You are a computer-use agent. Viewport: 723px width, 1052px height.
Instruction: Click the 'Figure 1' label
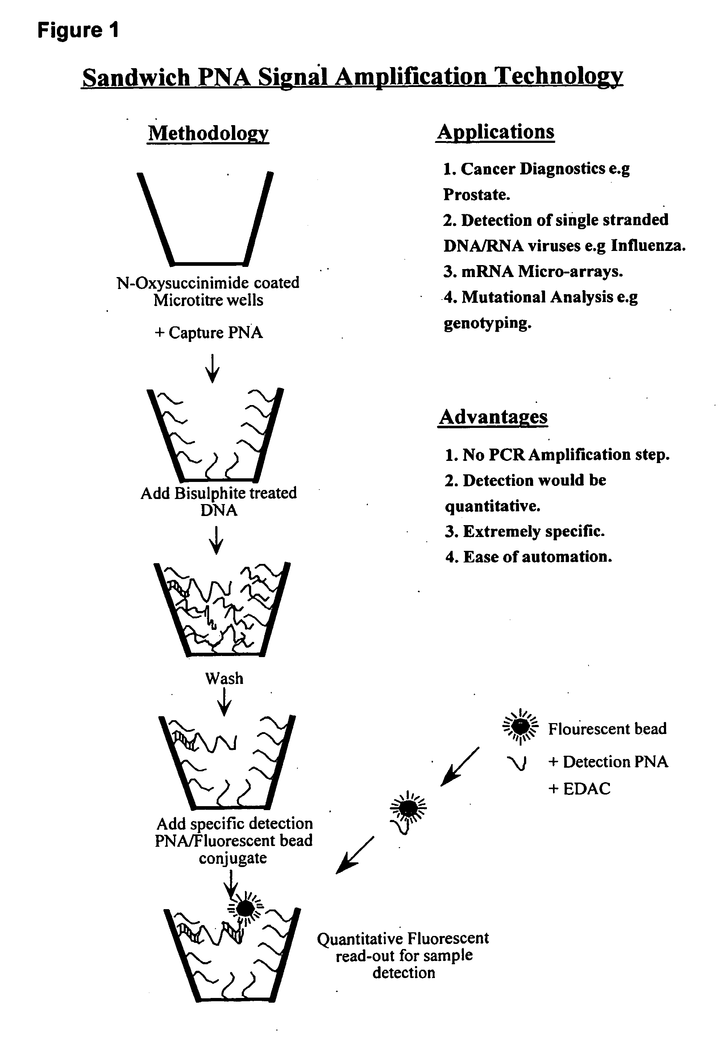pos(78,31)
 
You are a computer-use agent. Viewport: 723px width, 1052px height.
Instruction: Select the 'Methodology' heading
pos(208,133)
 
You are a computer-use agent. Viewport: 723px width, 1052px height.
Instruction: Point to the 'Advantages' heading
pos(493,417)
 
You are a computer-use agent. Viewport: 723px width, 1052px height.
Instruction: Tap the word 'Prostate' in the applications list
pos(475,195)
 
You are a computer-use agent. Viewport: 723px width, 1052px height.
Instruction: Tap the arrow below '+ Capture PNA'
pos(212,368)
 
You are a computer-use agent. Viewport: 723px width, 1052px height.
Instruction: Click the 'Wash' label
pos(224,678)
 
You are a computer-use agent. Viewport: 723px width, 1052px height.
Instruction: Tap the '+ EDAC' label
pos(579,789)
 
